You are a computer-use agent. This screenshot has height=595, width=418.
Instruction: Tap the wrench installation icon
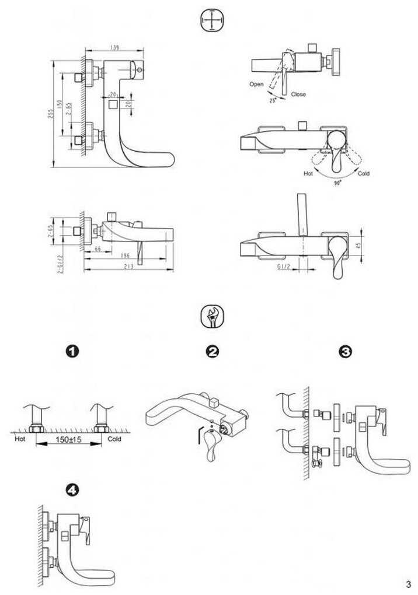211,318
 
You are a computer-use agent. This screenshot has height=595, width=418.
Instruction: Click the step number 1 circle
72,352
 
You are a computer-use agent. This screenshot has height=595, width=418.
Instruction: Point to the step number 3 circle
346,352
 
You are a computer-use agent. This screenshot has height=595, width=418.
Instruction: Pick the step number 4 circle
72,491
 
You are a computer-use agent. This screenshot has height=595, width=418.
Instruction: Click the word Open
256,85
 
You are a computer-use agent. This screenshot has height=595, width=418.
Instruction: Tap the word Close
298,94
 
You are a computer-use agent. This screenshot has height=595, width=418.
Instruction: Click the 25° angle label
271,100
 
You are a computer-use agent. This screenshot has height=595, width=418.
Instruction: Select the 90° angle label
337,183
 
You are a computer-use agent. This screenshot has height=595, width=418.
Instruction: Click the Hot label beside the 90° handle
308,174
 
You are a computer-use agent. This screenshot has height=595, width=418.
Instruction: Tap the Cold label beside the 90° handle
363,174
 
